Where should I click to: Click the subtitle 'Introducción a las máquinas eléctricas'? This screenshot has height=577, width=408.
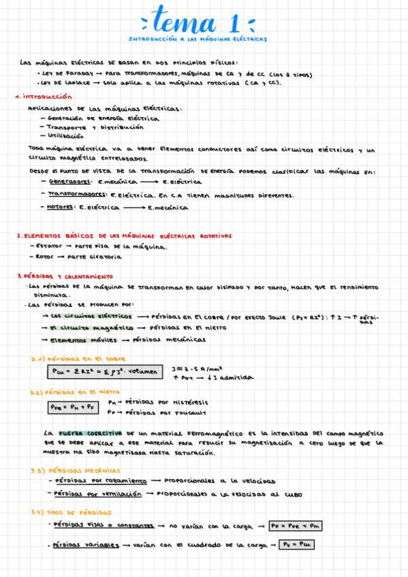[198, 39]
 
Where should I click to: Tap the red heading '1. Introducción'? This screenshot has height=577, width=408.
[43, 97]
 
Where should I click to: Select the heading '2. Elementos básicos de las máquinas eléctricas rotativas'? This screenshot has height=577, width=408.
[124, 235]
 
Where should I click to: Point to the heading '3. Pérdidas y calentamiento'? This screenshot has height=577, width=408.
[65, 277]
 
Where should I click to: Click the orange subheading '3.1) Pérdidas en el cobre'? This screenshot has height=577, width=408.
[77, 359]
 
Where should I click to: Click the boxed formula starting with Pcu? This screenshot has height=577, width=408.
[106, 372]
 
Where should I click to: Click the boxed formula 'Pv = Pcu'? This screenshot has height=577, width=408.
[291, 545]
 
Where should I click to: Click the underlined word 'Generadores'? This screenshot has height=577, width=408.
[70, 182]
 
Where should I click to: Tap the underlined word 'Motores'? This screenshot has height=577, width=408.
[61, 207]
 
